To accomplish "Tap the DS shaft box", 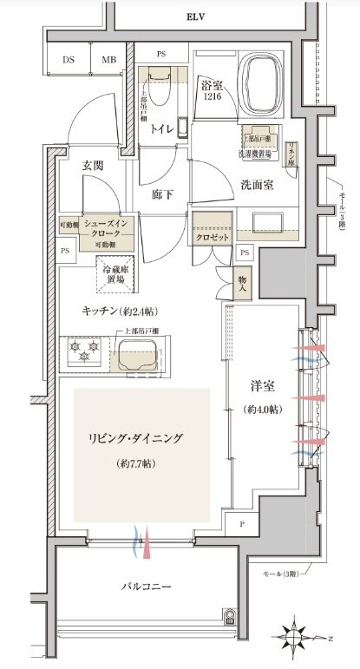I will (x=68, y=60).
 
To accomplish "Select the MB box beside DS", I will (x=109, y=60).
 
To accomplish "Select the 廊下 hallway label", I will (x=164, y=194).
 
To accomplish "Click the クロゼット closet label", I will (x=213, y=236).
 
